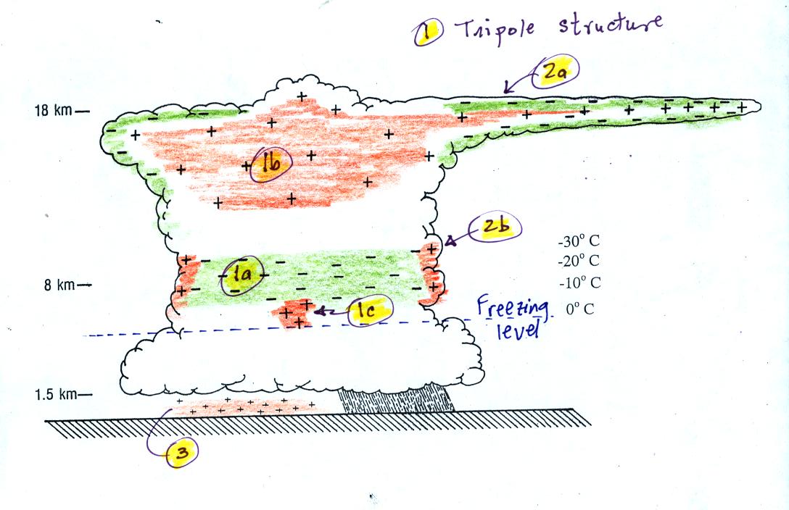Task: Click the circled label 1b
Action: coord(270,164)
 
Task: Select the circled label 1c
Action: coord(369,310)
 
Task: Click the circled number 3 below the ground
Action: coord(182,453)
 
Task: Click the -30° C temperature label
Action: coord(579,241)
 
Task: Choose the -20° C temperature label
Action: coord(579,261)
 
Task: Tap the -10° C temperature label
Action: coord(579,283)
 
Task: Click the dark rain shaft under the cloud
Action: coord(395,399)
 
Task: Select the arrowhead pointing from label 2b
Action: coord(450,241)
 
